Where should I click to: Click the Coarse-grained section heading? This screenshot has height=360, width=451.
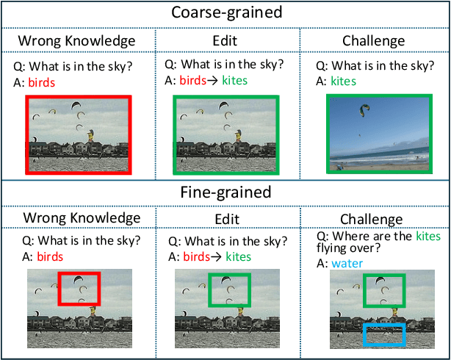tap(225, 12)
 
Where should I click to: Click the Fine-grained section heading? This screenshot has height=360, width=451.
tap(225, 192)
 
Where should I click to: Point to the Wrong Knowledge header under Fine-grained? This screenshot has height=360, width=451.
tap(82, 218)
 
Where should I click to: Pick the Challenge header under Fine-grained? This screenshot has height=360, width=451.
tap(371, 219)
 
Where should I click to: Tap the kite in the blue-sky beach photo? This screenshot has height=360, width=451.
tap(365, 110)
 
